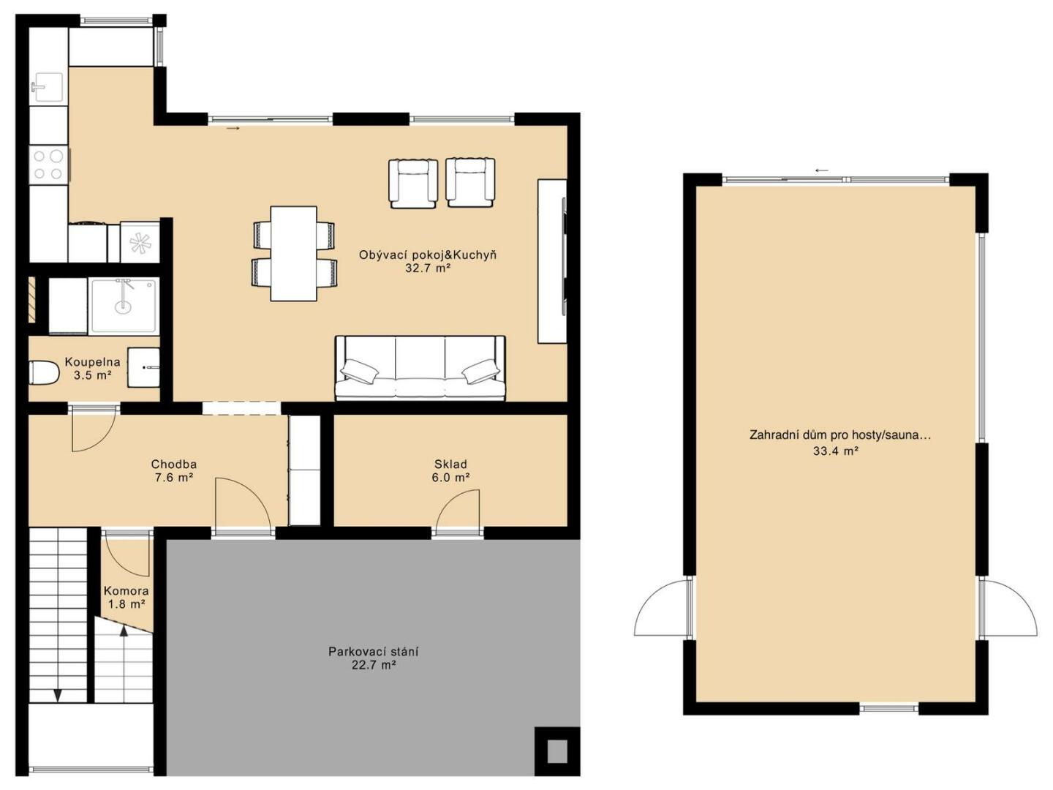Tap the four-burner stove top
click(x=48, y=164)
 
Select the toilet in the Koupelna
click(x=44, y=373)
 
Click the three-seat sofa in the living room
click(x=420, y=368)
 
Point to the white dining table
click(x=293, y=254)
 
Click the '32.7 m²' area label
click(x=428, y=268)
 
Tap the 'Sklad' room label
click(x=450, y=464)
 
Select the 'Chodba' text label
click(x=173, y=464)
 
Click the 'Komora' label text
click(x=127, y=591)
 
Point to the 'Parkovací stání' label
click(x=373, y=652)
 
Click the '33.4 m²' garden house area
click(x=836, y=451)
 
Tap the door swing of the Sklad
click(x=457, y=509)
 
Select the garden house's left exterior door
click(x=661, y=607)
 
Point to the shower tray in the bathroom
click(x=124, y=306)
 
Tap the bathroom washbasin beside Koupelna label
click(x=143, y=368)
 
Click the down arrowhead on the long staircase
click(x=58, y=695)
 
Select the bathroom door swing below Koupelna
click(x=94, y=429)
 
